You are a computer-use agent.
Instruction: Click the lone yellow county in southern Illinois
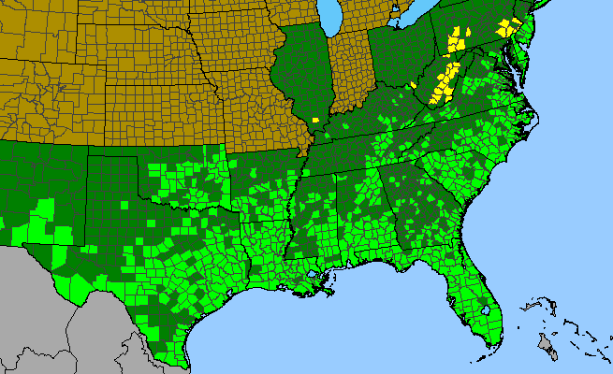pyautogui.click(x=316, y=120)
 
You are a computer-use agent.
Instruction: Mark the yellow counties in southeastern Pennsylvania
pyautogui.click(x=510, y=27)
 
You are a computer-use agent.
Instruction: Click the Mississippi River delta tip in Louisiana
pyautogui.click(x=338, y=295)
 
